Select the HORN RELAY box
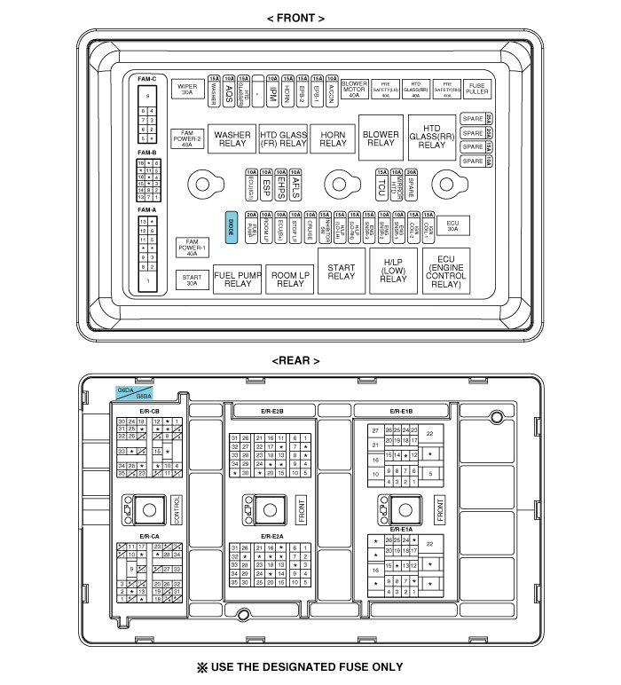pos(334,139)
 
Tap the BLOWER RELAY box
pos(381,138)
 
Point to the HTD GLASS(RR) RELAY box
pos(432,137)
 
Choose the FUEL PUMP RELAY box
pos(238,279)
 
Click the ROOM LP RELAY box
pos(290,279)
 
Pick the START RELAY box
pos(342,272)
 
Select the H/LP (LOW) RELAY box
pos(393,272)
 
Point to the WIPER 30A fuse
pos(187,89)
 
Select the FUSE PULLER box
pos(476,89)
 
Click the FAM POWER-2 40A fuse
pos(186,139)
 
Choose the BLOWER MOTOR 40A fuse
pos(355,89)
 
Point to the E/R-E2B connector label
pos(272,411)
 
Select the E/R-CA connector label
pos(148,536)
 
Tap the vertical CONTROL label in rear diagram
pos(177,510)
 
